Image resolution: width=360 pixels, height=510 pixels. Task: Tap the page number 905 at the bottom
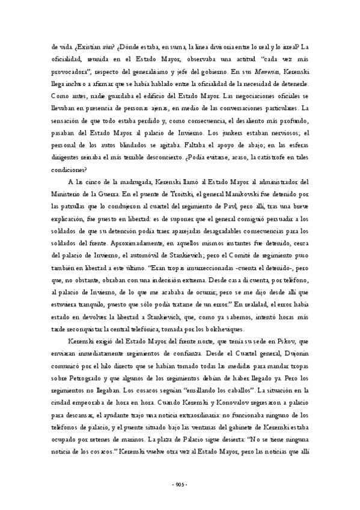180,485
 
